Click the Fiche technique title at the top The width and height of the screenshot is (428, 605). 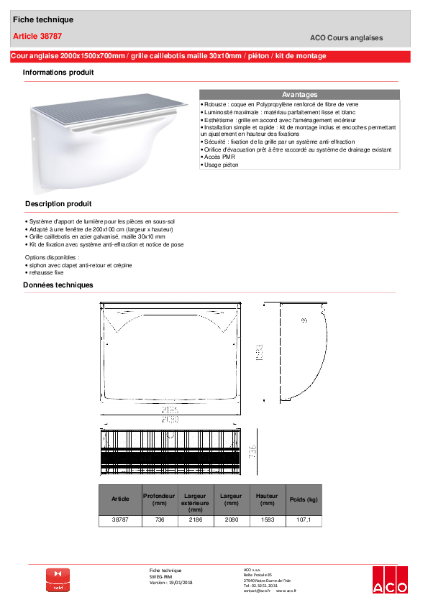[x=42, y=19]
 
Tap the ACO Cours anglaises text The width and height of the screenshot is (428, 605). [x=346, y=38]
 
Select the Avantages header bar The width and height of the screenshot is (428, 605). [x=299, y=95]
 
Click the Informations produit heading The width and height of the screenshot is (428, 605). [x=58, y=73]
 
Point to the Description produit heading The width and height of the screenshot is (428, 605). [x=58, y=204]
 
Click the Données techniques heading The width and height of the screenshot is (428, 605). [x=58, y=285]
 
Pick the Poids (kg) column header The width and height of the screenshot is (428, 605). [x=303, y=499]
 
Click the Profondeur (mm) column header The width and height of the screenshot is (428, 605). [x=158, y=499]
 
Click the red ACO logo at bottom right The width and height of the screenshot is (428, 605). [x=388, y=581]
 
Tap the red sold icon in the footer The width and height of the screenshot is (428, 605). [x=59, y=580]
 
